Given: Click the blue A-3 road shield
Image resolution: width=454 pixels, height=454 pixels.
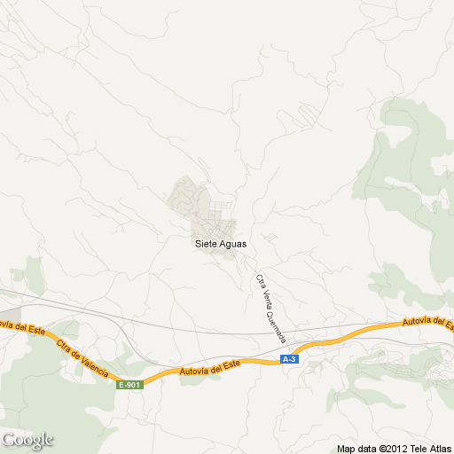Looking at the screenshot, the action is pyautogui.click(x=289, y=359).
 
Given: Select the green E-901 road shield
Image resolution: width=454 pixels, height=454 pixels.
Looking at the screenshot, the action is pyautogui.click(x=129, y=384).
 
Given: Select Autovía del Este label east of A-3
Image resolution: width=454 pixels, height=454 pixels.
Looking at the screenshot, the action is pyautogui.click(x=428, y=322).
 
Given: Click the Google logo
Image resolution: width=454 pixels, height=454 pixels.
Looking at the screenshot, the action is pyautogui.click(x=27, y=440).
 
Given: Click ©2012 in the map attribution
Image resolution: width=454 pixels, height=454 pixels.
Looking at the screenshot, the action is pyautogui.click(x=391, y=449).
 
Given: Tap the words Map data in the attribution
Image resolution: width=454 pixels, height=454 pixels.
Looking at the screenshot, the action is pyautogui.click(x=356, y=449).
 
